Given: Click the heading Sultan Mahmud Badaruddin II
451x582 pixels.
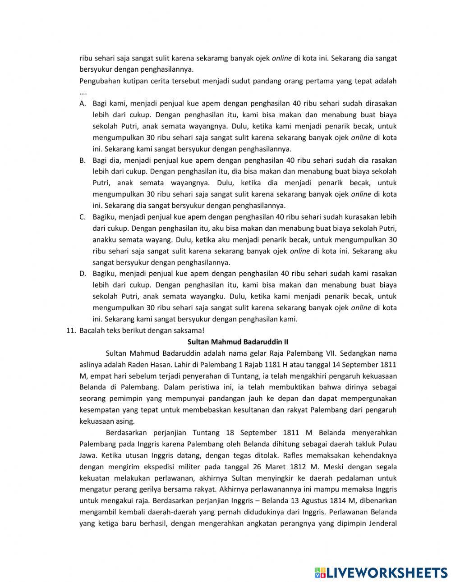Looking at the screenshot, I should [x=238, y=342].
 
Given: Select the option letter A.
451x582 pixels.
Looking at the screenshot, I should [x=83, y=104].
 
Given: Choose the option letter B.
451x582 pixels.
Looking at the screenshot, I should [x=83, y=160].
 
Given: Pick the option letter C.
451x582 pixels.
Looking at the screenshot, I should [x=83, y=217].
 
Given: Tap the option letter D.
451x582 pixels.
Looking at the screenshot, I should [x=83, y=274].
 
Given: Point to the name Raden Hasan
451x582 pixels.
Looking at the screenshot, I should [x=135, y=364].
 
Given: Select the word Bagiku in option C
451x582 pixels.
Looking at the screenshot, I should [x=105, y=217].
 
